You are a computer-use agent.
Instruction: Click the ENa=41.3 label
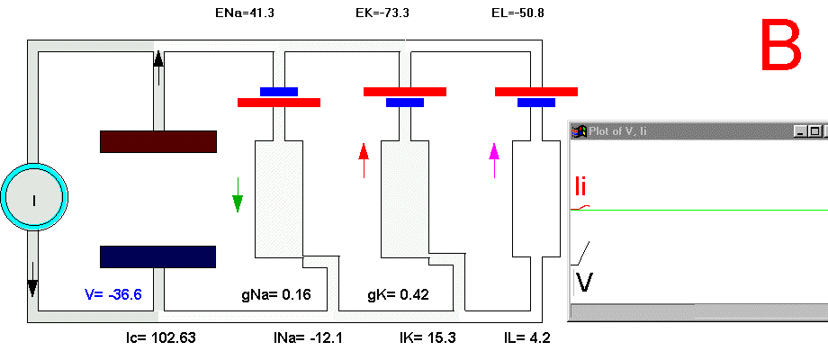coord(242,13)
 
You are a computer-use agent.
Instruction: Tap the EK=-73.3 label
coord(382,13)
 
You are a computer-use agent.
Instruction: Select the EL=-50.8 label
coord(517,13)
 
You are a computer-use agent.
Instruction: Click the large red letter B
coord(781,44)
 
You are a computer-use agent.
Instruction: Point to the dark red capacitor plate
coord(158,141)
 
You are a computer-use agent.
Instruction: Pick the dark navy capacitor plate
coord(157,256)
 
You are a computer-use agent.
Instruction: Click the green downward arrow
coord(238,194)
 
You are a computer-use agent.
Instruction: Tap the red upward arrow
coord(364,160)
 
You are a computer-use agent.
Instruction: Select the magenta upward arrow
coord(494,160)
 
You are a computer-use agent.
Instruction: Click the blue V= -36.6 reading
coord(113,294)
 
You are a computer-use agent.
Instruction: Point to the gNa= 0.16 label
coord(276,294)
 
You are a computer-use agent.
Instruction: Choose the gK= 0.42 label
coord(398,294)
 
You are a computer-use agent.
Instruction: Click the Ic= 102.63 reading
coord(160,337)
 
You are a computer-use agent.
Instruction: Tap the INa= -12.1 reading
coord(308,337)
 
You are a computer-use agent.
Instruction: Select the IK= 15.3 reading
coord(427,337)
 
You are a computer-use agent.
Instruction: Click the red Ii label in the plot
coord(580,186)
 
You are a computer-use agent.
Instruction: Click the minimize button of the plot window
coord(800,131)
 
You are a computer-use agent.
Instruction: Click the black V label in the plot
coord(584,282)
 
